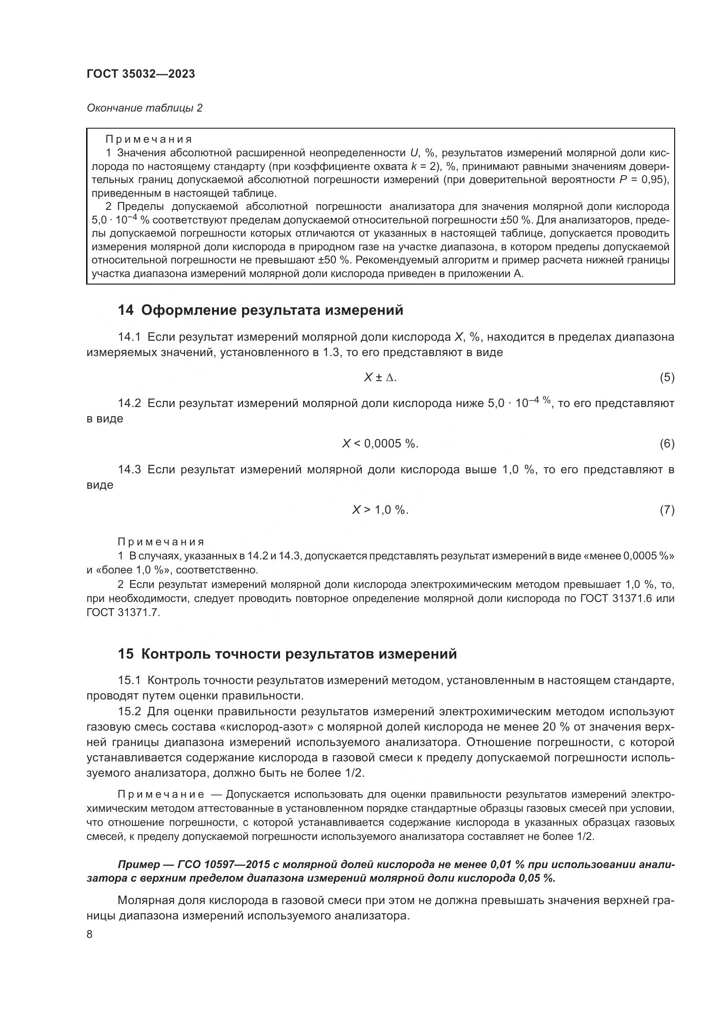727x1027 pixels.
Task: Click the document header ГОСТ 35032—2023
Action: pos(141,74)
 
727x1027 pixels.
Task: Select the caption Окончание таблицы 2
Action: pos(144,108)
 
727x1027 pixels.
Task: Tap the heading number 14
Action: pos(125,310)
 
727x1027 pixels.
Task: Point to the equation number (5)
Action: pos(667,378)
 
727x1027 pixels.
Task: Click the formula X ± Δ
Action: pos(380,378)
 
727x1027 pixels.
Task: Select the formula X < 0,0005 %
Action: pos(380,444)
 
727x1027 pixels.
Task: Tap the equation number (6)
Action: pos(667,444)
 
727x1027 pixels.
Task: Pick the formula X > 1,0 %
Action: pos(380,510)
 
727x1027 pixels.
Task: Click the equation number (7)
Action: pos(667,510)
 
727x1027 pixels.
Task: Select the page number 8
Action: pos(90,934)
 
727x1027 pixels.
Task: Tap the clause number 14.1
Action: pos(129,337)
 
